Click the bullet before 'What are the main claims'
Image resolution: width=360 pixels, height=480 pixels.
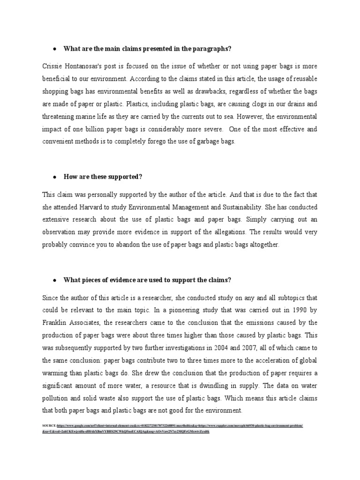tap(54, 49)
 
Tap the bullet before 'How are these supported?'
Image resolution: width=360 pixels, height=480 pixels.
tap(54, 177)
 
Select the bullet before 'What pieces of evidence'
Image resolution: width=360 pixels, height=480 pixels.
tap(54, 280)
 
